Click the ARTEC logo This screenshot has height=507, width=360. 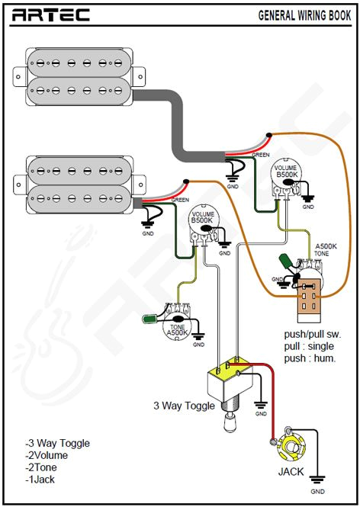[x=51, y=14]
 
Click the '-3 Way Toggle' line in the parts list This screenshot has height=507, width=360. [x=58, y=443]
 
